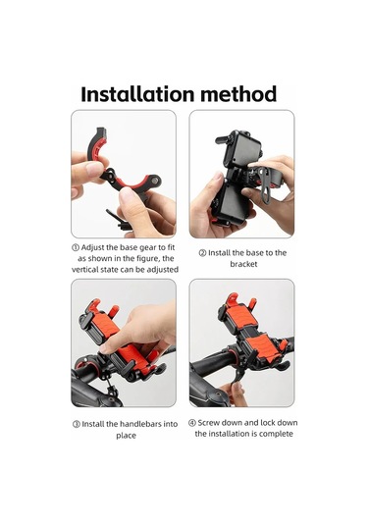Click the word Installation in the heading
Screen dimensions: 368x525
(x=137, y=94)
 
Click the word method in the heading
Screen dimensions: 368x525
(x=238, y=94)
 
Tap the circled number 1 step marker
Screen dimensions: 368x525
(x=76, y=247)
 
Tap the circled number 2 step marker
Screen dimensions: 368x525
(x=202, y=253)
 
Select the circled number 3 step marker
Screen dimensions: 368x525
(x=77, y=424)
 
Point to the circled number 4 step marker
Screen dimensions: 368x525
(x=192, y=423)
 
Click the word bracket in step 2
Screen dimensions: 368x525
(x=243, y=264)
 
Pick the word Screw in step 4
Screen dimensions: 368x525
(x=209, y=423)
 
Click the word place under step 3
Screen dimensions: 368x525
(x=126, y=436)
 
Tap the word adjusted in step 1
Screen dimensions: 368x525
(x=163, y=270)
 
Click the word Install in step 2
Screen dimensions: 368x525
(x=219, y=253)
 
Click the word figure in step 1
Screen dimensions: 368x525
(x=148, y=259)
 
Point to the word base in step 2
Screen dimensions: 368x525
(x=256, y=253)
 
